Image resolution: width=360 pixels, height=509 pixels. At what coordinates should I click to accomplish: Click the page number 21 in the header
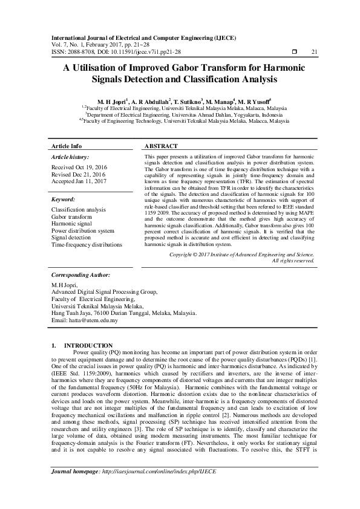(x=314, y=51)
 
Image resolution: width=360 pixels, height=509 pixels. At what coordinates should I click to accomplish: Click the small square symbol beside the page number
(x=294, y=51)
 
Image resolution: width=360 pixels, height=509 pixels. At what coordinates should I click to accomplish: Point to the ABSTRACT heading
(x=162, y=146)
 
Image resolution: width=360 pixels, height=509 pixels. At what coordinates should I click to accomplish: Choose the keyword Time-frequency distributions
(x=87, y=245)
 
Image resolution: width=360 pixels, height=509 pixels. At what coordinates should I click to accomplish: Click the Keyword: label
(x=63, y=199)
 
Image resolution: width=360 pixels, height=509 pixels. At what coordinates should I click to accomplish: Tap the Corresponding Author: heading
(x=80, y=274)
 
